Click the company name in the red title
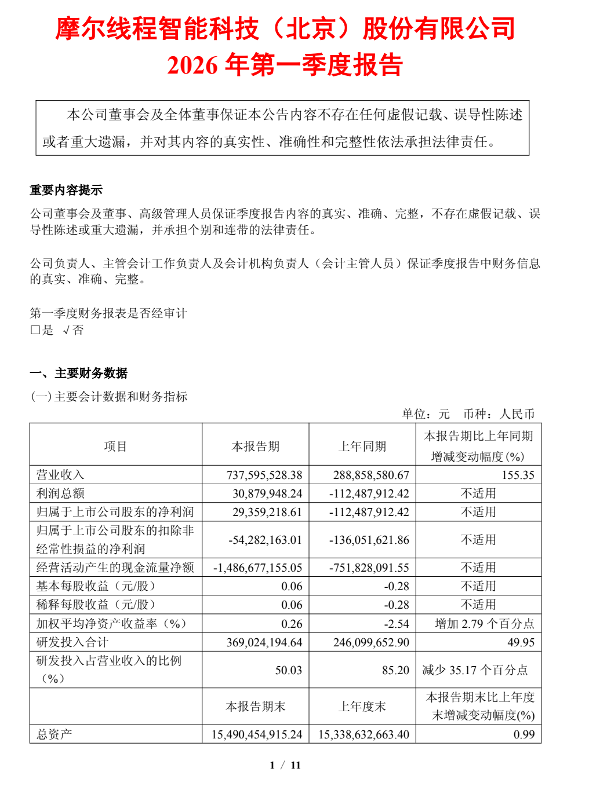(285, 28)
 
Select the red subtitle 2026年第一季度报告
(285, 65)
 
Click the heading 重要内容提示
(66, 190)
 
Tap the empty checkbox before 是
(35, 330)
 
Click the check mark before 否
(67, 330)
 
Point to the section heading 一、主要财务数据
(79, 373)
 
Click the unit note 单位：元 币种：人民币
(468, 414)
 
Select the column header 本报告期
(256, 446)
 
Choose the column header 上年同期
(362, 446)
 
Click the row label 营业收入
(60, 475)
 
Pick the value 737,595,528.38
(264, 475)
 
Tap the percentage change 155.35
(518, 475)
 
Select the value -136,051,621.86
(369, 540)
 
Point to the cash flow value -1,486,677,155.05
(258, 568)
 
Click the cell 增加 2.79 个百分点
(485, 624)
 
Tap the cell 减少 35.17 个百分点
(475, 670)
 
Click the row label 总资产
(54, 734)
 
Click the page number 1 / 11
(285, 765)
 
